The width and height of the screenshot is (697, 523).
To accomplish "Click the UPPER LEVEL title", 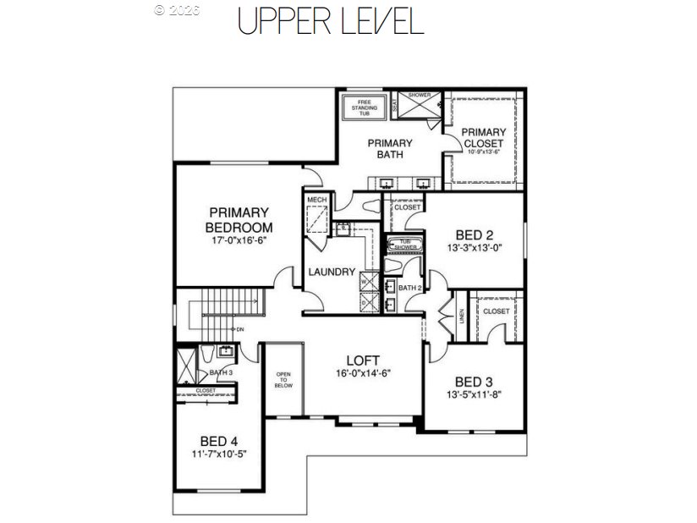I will pos(330,21).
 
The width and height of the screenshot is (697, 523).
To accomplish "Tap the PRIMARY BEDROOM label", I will pos(239,220).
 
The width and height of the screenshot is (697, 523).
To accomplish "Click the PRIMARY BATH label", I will pos(390,149).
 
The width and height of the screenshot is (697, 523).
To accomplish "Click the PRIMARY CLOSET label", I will pos(485,137).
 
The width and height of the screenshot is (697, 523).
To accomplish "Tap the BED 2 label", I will pos(475,234).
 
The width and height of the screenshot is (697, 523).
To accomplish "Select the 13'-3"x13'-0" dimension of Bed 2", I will pos(475,249).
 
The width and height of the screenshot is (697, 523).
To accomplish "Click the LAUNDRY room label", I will pos(330,273).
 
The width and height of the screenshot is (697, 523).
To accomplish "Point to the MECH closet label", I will pos(317,200).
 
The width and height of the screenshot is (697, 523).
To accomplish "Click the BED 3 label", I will pos(473,381).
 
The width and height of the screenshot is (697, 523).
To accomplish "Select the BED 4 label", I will pos(219,441).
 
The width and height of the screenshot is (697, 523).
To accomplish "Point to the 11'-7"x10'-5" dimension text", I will pos(219,454).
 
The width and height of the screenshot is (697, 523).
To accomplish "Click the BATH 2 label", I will pos(409,289).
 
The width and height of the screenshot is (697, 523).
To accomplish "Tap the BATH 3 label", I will pos(220,372).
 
